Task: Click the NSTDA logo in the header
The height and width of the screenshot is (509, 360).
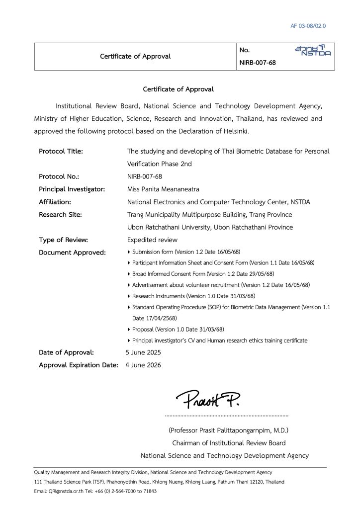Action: click(x=312, y=50)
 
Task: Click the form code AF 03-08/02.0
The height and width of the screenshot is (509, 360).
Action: click(x=308, y=26)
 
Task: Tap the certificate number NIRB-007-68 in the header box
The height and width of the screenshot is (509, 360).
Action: click(x=258, y=63)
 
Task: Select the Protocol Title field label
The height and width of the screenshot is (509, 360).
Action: click(x=61, y=151)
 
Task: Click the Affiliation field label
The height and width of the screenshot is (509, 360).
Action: click(x=55, y=202)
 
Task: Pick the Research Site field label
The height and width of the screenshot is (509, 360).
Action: click(x=60, y=214)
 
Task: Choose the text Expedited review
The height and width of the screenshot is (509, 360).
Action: click(x=152, y=240)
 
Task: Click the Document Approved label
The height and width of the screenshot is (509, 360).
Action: click(x=72, y=253)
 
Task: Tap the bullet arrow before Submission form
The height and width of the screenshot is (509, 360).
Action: click(x=130, y=252)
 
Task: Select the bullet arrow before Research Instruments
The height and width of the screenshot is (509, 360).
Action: click(x=130, y=296)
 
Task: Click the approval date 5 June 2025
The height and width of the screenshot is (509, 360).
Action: click(x=143, y=352)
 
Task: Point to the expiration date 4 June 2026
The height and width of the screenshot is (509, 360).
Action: click(x=143, y=365)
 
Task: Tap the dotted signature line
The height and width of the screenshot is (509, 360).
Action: click(x=226, y=415)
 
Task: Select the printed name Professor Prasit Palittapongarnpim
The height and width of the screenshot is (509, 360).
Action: click(x=229, y=430)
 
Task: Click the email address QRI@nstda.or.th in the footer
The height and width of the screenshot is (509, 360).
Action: click(x=66, y=491)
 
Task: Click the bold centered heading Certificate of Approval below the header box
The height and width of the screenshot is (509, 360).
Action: click(x=178, y=89)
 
